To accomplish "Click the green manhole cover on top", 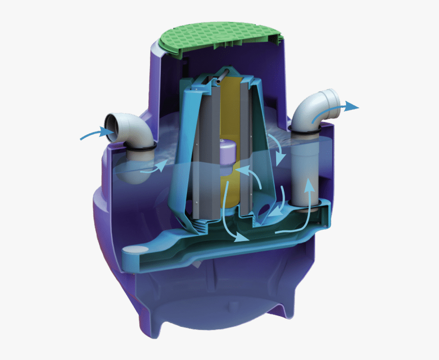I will click(x=220, y=37).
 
